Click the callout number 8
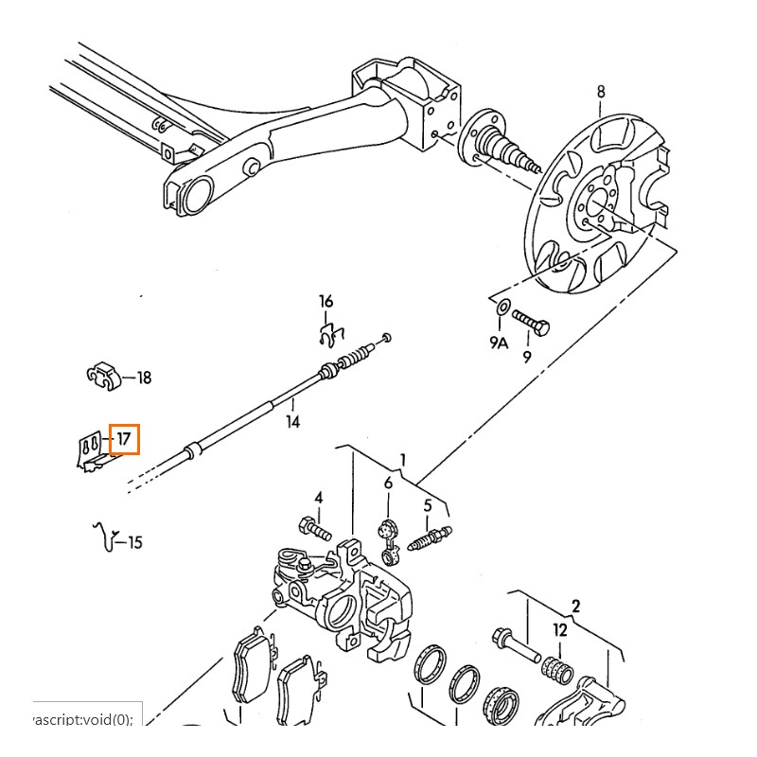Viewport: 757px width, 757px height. [x=600, y=92]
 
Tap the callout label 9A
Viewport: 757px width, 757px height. [x=499, y=343]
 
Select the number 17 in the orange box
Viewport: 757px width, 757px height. [x=124, y=439]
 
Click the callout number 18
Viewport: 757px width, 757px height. [x=144, y=378]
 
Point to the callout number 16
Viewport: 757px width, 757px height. [x=326, y=302]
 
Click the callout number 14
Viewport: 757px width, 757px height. [x=293, y=422]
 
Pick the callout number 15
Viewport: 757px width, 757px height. [x=135, y=542]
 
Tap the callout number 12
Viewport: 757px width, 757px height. [x=560, y=630]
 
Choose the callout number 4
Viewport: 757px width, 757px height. [x=319, y=498]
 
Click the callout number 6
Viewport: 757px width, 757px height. [x=388, y=484]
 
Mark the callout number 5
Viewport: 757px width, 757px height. [x=427, y=505]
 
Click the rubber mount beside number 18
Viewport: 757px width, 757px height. [x=103, y=377]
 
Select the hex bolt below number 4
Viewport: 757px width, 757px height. [x=315, y=526]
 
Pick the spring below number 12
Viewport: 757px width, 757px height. [x=558, y=667]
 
